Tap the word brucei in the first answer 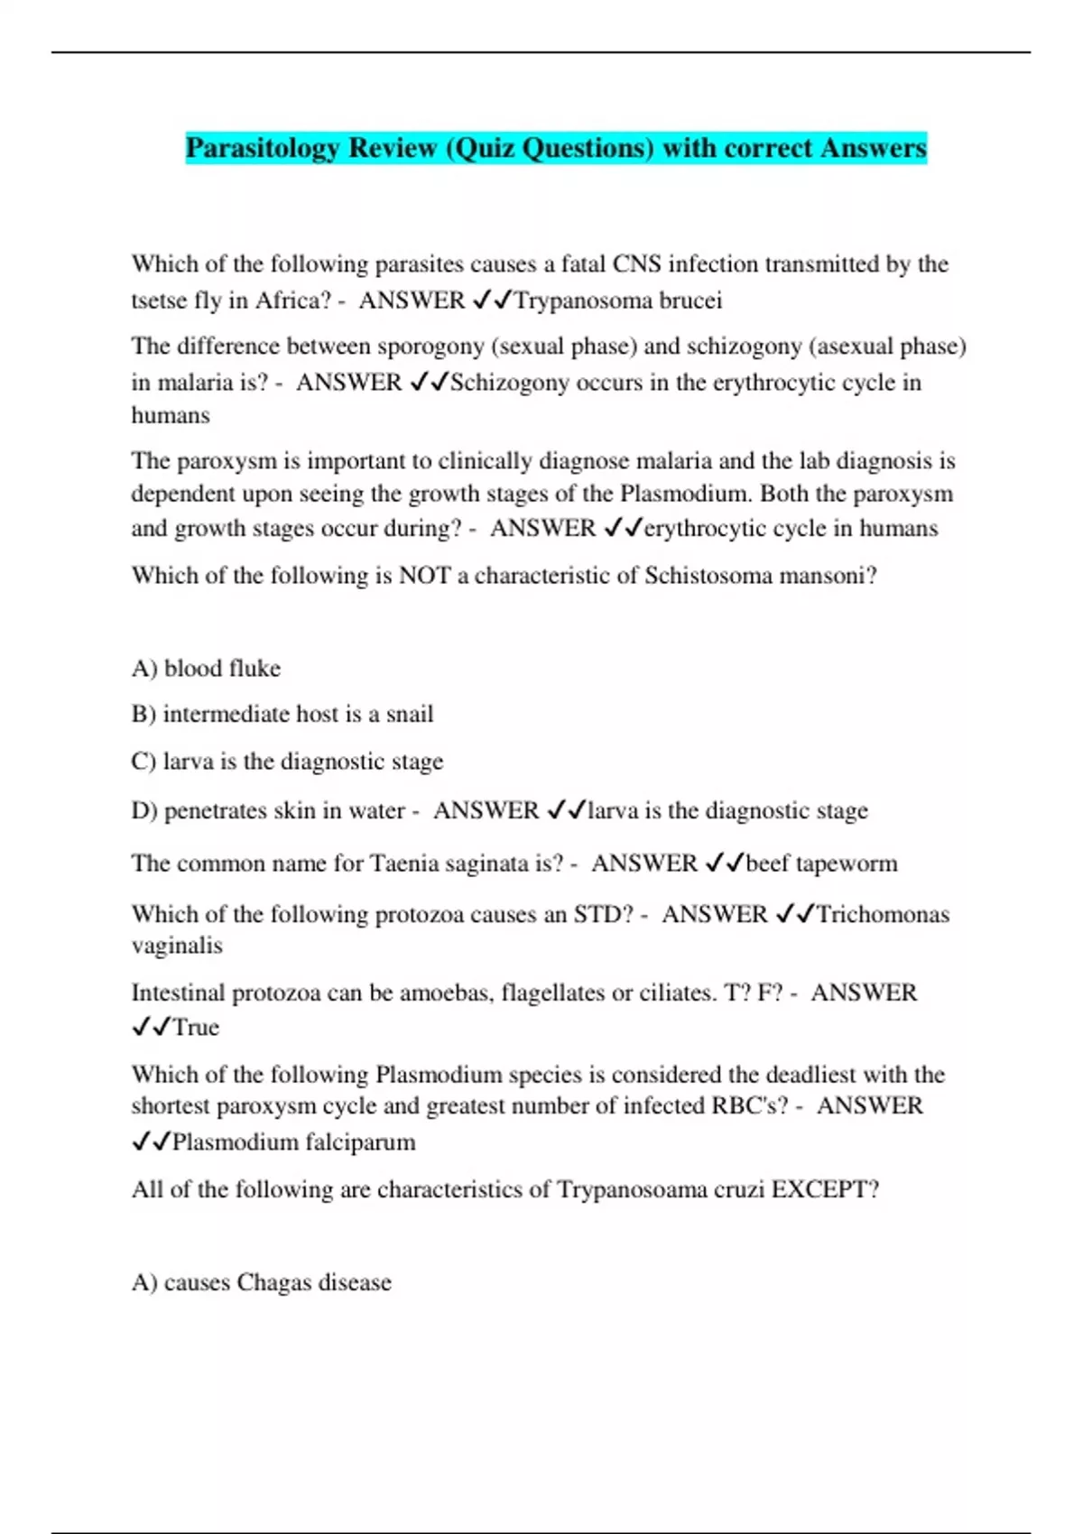tap(690, 300)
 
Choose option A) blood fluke tap(206, 669)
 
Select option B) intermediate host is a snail tap(282, 714)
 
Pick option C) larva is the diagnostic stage tap(287, 762)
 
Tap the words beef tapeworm tap(821, 864)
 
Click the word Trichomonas tap(883, 914)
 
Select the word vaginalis tap(177, 946)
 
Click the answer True tap(196, 1028)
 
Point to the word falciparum tap(360, 1142)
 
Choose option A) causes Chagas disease tap(262, 1282)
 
